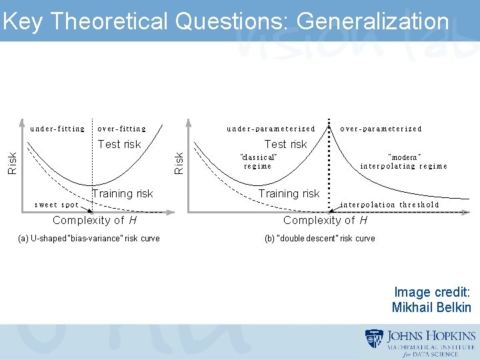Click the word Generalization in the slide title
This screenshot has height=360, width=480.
[x=373, y=21]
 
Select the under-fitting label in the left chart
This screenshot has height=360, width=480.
[x=58, y=129]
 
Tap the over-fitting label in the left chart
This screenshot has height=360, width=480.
[x=121, y=129]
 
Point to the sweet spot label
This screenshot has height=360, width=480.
[x=56, y=205]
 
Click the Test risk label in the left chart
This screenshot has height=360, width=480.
[x=119, y=144]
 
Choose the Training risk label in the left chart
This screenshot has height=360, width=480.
[x=123, y=193]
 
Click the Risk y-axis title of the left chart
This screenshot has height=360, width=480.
[x=12, y=163]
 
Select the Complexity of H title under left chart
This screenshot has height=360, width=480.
[x=95, y=220]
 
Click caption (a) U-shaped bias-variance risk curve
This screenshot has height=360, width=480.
[x=89, y=238]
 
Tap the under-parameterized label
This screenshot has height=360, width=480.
[x=271, y=129]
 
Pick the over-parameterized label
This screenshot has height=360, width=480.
[x=381, y=129]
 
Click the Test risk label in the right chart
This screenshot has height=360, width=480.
[x=285, y=144]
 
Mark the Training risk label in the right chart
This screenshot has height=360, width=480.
[x=289, y=193]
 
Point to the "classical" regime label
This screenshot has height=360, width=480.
[x=258, y=161]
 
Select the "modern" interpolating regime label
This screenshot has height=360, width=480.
[x=403, y=161]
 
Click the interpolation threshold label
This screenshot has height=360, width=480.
[x=390, y=205]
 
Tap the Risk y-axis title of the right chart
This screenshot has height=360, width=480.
[x=179, y=163]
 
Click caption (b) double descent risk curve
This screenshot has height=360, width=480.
[x=319, y=238]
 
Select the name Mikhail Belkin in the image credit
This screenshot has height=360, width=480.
[x=431, y=307]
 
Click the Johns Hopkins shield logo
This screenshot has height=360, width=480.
[x=374, y=338]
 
